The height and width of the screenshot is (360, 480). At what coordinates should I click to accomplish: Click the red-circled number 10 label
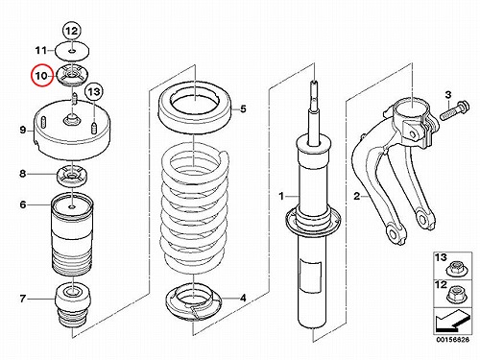(x=41, y=76)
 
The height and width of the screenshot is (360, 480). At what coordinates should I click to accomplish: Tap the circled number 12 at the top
(x=72, y=31)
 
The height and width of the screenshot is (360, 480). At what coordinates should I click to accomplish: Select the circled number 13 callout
(x=94, y=92)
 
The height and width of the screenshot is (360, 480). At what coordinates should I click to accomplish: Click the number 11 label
(x=41, y=50)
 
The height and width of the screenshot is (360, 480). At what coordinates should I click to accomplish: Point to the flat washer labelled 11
(x=72, y=51)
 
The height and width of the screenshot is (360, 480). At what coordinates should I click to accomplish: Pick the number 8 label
(x=22, y=174)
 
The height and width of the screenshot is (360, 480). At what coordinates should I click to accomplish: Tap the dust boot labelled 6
(x=72, y=235)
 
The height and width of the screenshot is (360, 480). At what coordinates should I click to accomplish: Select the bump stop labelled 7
(x=73, y=303)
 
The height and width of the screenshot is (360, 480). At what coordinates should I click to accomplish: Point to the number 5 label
(x=243, y=109)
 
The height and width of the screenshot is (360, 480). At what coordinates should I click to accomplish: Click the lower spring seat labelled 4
(x=194, y=301)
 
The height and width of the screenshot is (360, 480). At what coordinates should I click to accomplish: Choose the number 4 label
(x=243, y=299)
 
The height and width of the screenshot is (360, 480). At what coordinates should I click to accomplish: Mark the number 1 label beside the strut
(x=281, y=196)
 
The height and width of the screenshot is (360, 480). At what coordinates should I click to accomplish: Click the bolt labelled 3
(x=455, y=110)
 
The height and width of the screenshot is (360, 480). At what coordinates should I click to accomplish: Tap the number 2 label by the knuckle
(x=357, y=196)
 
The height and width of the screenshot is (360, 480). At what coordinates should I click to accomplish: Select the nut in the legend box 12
(x=456, y=295)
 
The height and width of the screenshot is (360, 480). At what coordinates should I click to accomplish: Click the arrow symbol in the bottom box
(x=452, y=321)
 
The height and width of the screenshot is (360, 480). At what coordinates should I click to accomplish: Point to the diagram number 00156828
(x=452, y=340)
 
